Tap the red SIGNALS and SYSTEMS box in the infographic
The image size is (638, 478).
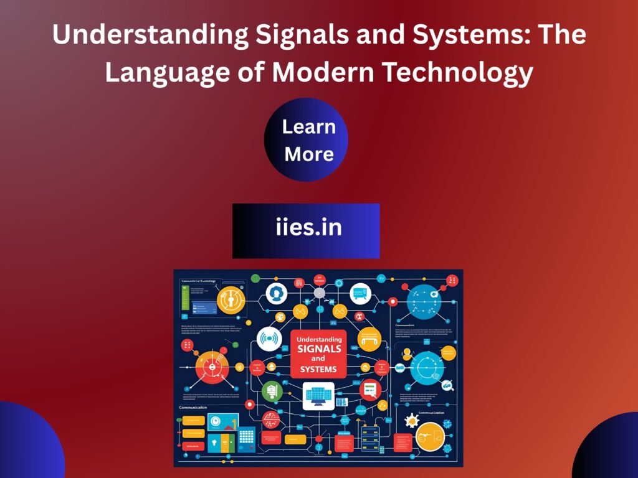(x=318, y=354)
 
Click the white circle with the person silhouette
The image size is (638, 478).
(x=275, y=293)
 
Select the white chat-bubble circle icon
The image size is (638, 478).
(x=360, y=293)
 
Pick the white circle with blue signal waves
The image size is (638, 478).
(x=269, y=339)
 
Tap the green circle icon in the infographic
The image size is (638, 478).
(x=271, y=391)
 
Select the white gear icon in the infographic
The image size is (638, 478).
(x=412, y=418)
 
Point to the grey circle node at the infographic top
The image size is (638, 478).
(x=320, y=293)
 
